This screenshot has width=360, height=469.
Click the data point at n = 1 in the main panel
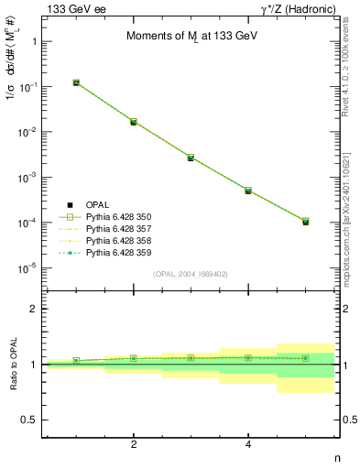76,82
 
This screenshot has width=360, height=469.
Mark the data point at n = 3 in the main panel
191,158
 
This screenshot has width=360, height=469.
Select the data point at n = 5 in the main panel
305,222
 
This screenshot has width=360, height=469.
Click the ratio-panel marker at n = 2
134,358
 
